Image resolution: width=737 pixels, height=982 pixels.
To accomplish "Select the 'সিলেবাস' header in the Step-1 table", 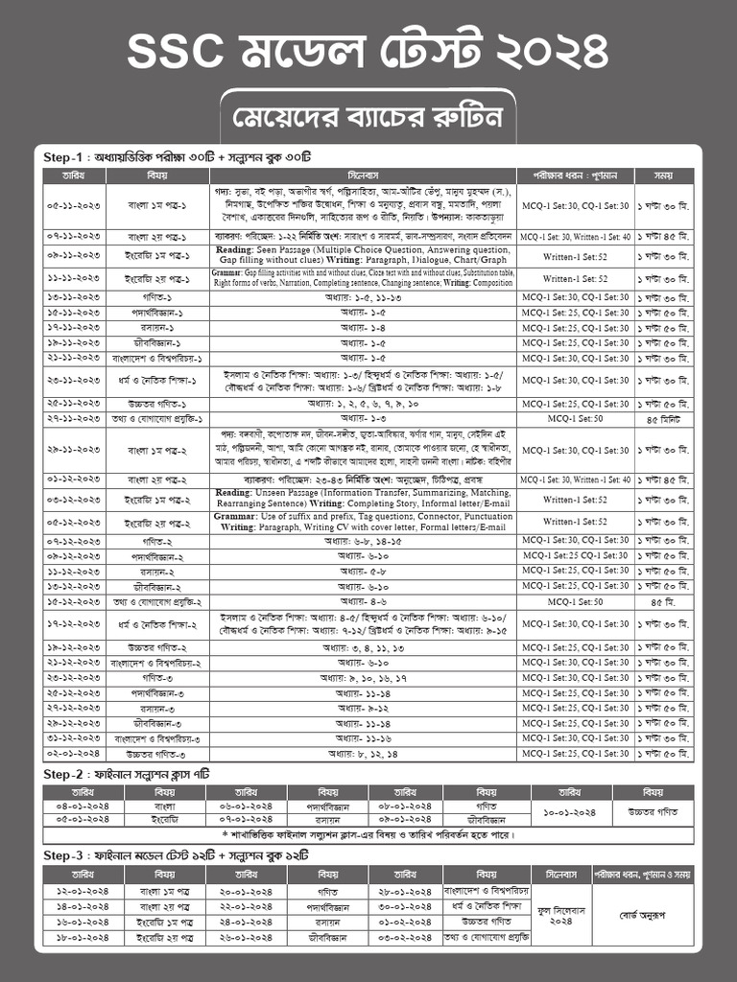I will (364, 176).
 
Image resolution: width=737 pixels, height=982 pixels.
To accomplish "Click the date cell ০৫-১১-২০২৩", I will (73, 206).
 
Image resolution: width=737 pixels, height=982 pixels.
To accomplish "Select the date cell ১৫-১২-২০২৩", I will (73, 601).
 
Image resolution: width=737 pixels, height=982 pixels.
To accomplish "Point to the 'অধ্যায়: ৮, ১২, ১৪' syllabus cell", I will (364, 754).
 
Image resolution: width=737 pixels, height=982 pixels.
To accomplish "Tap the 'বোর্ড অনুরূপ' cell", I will (654, 914).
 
